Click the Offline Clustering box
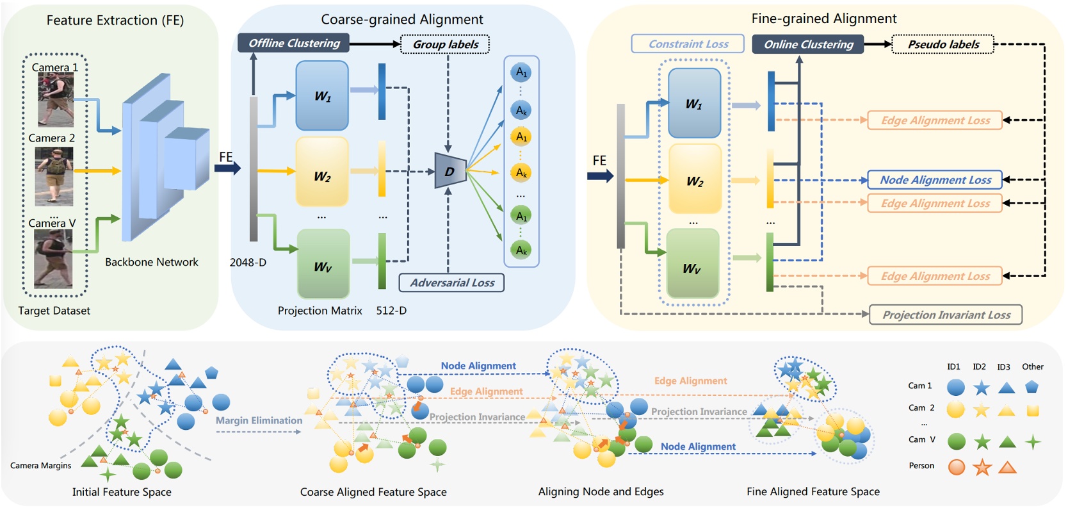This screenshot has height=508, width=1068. (x=294, y=43)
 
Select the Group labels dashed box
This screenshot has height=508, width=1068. (x=445, y=44)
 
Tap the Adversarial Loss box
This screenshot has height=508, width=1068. (x=451, y=283)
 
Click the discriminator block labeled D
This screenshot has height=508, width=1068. (x=450, y=171)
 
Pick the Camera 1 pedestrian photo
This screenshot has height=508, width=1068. (x=56, y=99)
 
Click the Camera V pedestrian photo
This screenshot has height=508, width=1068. (x=53, y=259)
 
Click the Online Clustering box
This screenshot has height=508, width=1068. (x=808, y=44)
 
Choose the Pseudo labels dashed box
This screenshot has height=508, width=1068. (x=943, y=44)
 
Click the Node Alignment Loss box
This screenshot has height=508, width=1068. (x=935, y=180)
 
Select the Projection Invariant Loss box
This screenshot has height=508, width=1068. (x=946, y=315)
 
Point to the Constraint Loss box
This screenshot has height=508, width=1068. (x=688, y=44)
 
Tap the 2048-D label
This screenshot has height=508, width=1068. (x=248, y=263)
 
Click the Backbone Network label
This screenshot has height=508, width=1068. (x=151, y=262)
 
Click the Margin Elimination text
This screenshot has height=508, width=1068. (x=259, y=420)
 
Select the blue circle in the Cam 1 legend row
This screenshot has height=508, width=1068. (x=956, y=387)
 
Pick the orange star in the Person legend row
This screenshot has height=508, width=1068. (x=982, y=467)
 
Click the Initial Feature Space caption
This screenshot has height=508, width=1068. (x=122, y=492)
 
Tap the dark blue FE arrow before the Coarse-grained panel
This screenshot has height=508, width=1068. (x=227, y=168)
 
